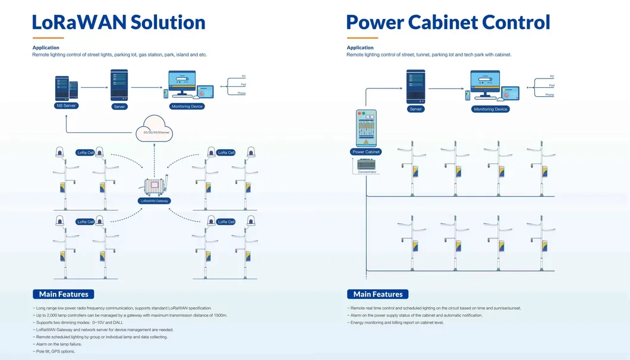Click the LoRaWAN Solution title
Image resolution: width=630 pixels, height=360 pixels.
click(x=118, y=23)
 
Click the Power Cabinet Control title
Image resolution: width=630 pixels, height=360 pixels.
click(x=448, y=23)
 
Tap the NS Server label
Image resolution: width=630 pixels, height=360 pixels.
click(x=66, y=106)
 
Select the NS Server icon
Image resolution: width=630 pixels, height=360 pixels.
click(x=66, y=88)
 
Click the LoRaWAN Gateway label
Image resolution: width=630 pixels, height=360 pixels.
click(x=155, y=201)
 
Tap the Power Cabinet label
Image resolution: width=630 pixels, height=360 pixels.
click(x=367, y=152)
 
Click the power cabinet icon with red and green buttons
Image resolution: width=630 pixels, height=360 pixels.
click(x=367, y=128)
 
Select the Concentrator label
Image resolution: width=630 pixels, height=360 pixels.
click(x=367, y=172)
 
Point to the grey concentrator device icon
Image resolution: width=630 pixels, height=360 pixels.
click(x=367, y=163)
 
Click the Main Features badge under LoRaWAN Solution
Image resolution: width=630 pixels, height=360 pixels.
click(x=63, y=294)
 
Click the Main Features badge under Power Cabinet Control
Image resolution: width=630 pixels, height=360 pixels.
click(x=377, y=294)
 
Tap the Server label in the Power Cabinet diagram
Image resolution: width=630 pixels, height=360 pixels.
click(x=415, y=109)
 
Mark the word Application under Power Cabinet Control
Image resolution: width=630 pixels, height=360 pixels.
click(x=360, y=48)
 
